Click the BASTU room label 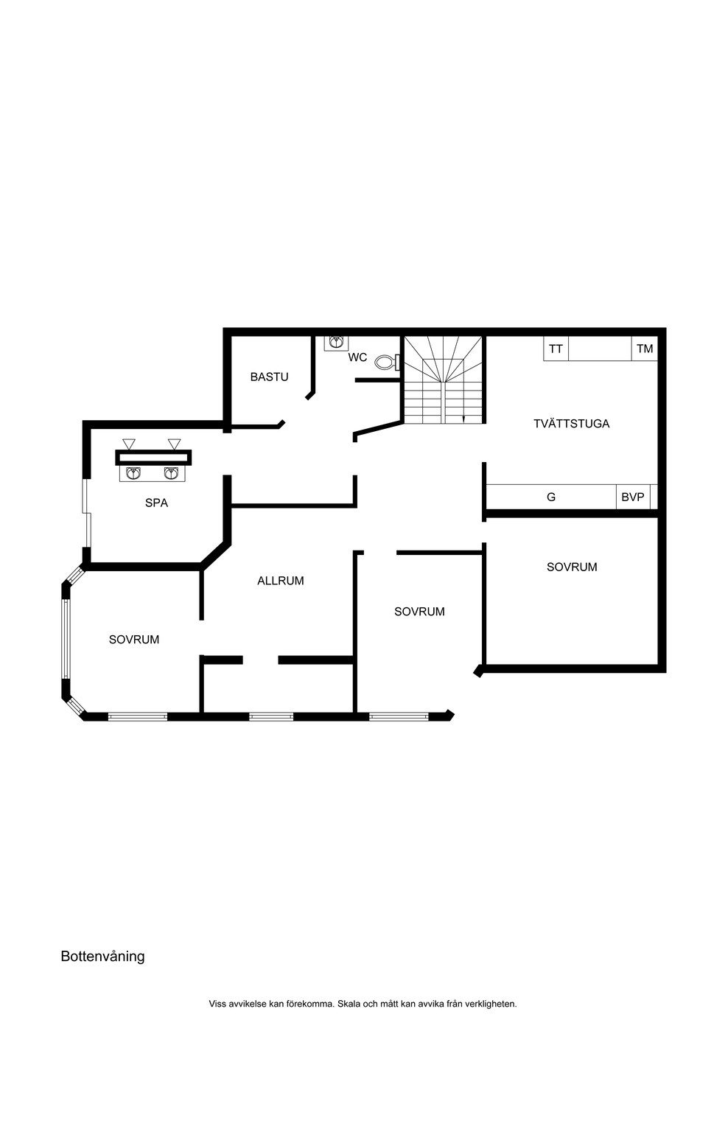point(269,377)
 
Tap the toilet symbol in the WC point(388,362)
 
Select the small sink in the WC point(336,343)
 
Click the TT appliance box point(556,349)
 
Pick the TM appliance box point(645,349)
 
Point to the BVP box point(632,497)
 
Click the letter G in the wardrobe point(551,497)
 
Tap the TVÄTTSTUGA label point(571,424)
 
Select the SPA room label point(157,503)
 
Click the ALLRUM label point(281,581)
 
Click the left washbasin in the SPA point(133,473)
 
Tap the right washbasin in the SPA point(171,473)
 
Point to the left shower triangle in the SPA point(130,444)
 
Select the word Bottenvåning point(102,956)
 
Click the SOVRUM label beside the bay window point(134,639)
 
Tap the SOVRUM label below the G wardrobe point(572,567)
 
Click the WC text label point(357,357)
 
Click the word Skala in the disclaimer point(348,1004)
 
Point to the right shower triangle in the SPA point(175,444)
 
